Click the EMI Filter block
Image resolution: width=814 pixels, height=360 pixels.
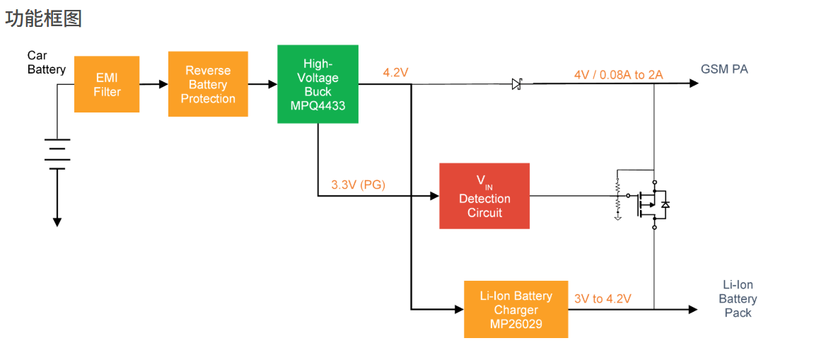pyautogui.click(x=107, y=84)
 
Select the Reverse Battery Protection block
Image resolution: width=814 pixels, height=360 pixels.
pyautogui.click(x=208, y=84)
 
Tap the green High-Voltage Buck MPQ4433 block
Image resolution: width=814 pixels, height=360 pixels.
pyautogui.click(x=318, y=84)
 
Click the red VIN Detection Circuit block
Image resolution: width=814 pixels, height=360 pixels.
pyautogui.click(x=484, y=196)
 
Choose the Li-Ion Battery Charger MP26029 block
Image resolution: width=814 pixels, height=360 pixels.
pyautogui.click(x=516, y=309)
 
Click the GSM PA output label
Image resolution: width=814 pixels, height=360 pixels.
pyautogui.click(x=724, y=69)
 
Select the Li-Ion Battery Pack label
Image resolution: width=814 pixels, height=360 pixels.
pyautogui.click(x=738, y=298)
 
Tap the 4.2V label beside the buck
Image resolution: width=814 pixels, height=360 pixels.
pyautogui.click(x=396, y=72)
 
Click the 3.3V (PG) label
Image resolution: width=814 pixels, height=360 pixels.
pyautogui.click(x=358, y=185)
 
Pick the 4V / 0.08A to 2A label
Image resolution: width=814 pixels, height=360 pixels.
pyautogui.click(x=618, y=74)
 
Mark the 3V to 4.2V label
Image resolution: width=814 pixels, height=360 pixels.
pyautogui.click(x=603, y=299)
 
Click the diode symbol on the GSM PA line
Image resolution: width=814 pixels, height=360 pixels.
pyautogui.click(x=516, y=84)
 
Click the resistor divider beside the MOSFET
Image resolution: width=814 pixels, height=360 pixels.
pyautogui.click(x=617, y=197)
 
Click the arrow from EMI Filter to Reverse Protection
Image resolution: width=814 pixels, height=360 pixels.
pyautogui.click(x=153, y=84)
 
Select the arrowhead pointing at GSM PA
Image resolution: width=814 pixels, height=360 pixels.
pyautogui.click(x=693, y=83)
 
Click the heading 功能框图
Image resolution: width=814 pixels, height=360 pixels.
pyautogui.click(x=44, y=19)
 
